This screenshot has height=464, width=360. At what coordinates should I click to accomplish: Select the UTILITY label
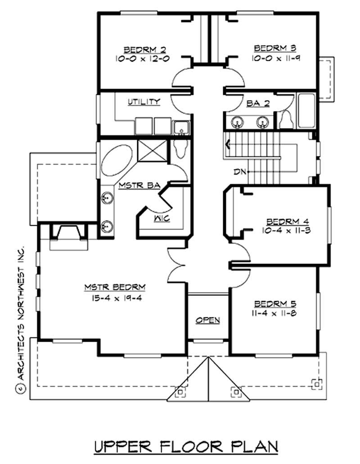click(x=144, y=102)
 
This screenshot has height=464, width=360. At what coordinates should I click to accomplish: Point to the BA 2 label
click(x=258, y=103)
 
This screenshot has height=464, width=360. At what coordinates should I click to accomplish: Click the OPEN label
click(x=207, y=320)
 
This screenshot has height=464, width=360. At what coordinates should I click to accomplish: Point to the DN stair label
click(x=239, y=172)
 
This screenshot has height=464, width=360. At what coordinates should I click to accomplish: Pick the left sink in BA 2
click(x=236, y=122)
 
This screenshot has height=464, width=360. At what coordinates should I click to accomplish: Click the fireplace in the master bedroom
click(x=67, y=233)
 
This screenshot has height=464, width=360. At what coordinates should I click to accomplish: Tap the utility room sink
click(x=181, y=127)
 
